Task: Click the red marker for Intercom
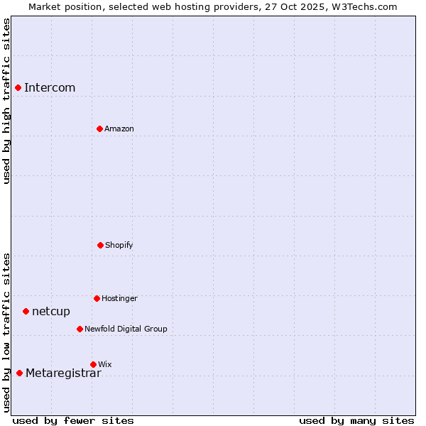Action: click(x=18, y=87)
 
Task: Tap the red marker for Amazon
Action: click(x=99, y=129)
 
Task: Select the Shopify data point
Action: click(x=100, y=245)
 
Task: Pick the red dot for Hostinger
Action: click(x=97, y=298)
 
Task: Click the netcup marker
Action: click(x=26, y=311)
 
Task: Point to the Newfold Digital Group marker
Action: click(x=80, y=329)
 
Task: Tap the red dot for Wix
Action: click(x=93, y=364)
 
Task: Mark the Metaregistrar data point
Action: click(x=19, y=373)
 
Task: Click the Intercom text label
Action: click(x=50, y=88)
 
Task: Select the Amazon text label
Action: click(x=119, y=129)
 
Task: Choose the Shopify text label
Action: click(x=119, y=246)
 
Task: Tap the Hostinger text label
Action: click(x=119, y=299)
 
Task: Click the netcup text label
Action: click(x=51, y=312)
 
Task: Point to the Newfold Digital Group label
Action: click(x=126, y=329)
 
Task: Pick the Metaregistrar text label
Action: click(x=63, y=373)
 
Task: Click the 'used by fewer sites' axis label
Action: click(x=73, y=420)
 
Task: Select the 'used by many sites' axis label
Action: click(x=356, y=420)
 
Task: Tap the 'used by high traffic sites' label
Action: click(x=6, y=101)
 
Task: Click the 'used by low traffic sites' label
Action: click(x=6, y=332)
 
